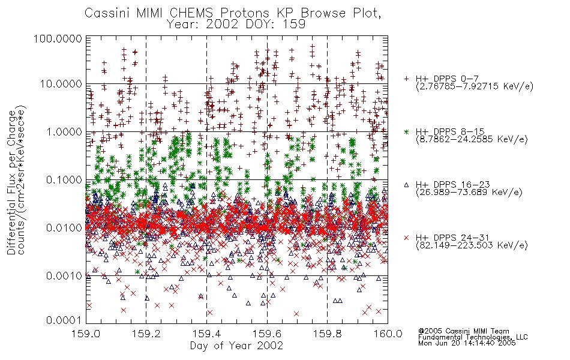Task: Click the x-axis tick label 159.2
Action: tap(146, 334)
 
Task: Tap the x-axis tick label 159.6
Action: tap(267, 334)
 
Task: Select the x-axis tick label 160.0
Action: tap(388, 334)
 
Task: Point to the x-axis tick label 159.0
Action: tap(86, 334)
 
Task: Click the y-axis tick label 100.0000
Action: tap(58, 38)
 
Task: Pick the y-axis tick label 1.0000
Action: tap(64, 131)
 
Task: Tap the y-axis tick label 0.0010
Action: tap(64, 276)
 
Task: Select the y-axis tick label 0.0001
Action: tap(64, 320)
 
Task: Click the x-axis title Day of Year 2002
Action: tap(236, 346)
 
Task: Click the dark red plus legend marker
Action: tap(406, 79)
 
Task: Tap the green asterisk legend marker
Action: tap(406, 131)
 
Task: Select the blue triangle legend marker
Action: tap(406, 185)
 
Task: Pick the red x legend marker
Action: tap(406, 238)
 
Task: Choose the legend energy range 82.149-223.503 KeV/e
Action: tap(472, 245)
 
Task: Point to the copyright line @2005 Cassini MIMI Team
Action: tap(464, 331)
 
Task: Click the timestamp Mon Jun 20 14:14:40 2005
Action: tap(467, 343)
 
